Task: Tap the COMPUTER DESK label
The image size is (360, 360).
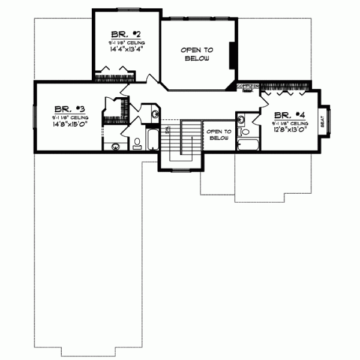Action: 247,88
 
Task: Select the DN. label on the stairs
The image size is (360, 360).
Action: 168,130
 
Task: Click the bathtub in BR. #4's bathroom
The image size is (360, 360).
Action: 247,145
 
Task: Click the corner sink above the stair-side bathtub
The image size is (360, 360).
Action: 154,113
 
